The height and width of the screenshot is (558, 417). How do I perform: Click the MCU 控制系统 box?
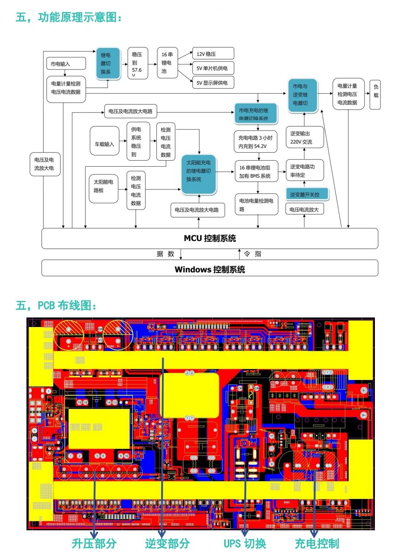(x=210, y=238)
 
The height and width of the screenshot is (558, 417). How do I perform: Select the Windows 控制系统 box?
(x=210, y=268)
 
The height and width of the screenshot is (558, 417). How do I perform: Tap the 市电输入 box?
(x=66, y=63)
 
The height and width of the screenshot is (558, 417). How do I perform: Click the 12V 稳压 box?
(x=213, y=53)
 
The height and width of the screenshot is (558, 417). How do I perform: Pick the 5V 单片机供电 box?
(x=213, y=68)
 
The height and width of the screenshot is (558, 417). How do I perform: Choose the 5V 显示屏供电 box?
(x=213, y=83)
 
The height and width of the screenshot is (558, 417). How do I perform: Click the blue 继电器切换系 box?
(x=107, y=63)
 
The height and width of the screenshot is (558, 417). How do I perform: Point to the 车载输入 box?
(x=105, y=144)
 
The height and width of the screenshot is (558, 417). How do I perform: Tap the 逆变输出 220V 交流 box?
(x=304, y=138)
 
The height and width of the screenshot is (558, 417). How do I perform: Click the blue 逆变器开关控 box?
(x=307, y=194)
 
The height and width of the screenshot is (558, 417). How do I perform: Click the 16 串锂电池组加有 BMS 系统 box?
(x=256, y=172)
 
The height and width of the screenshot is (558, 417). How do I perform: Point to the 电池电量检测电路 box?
(x=256, y=204)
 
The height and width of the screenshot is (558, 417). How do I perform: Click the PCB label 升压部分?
(x=94, y=544)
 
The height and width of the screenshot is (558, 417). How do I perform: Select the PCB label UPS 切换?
(x=245, y=544)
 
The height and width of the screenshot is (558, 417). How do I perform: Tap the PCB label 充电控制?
(x=317, y=544)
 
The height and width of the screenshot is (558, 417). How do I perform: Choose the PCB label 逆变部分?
(x=167, y=544)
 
